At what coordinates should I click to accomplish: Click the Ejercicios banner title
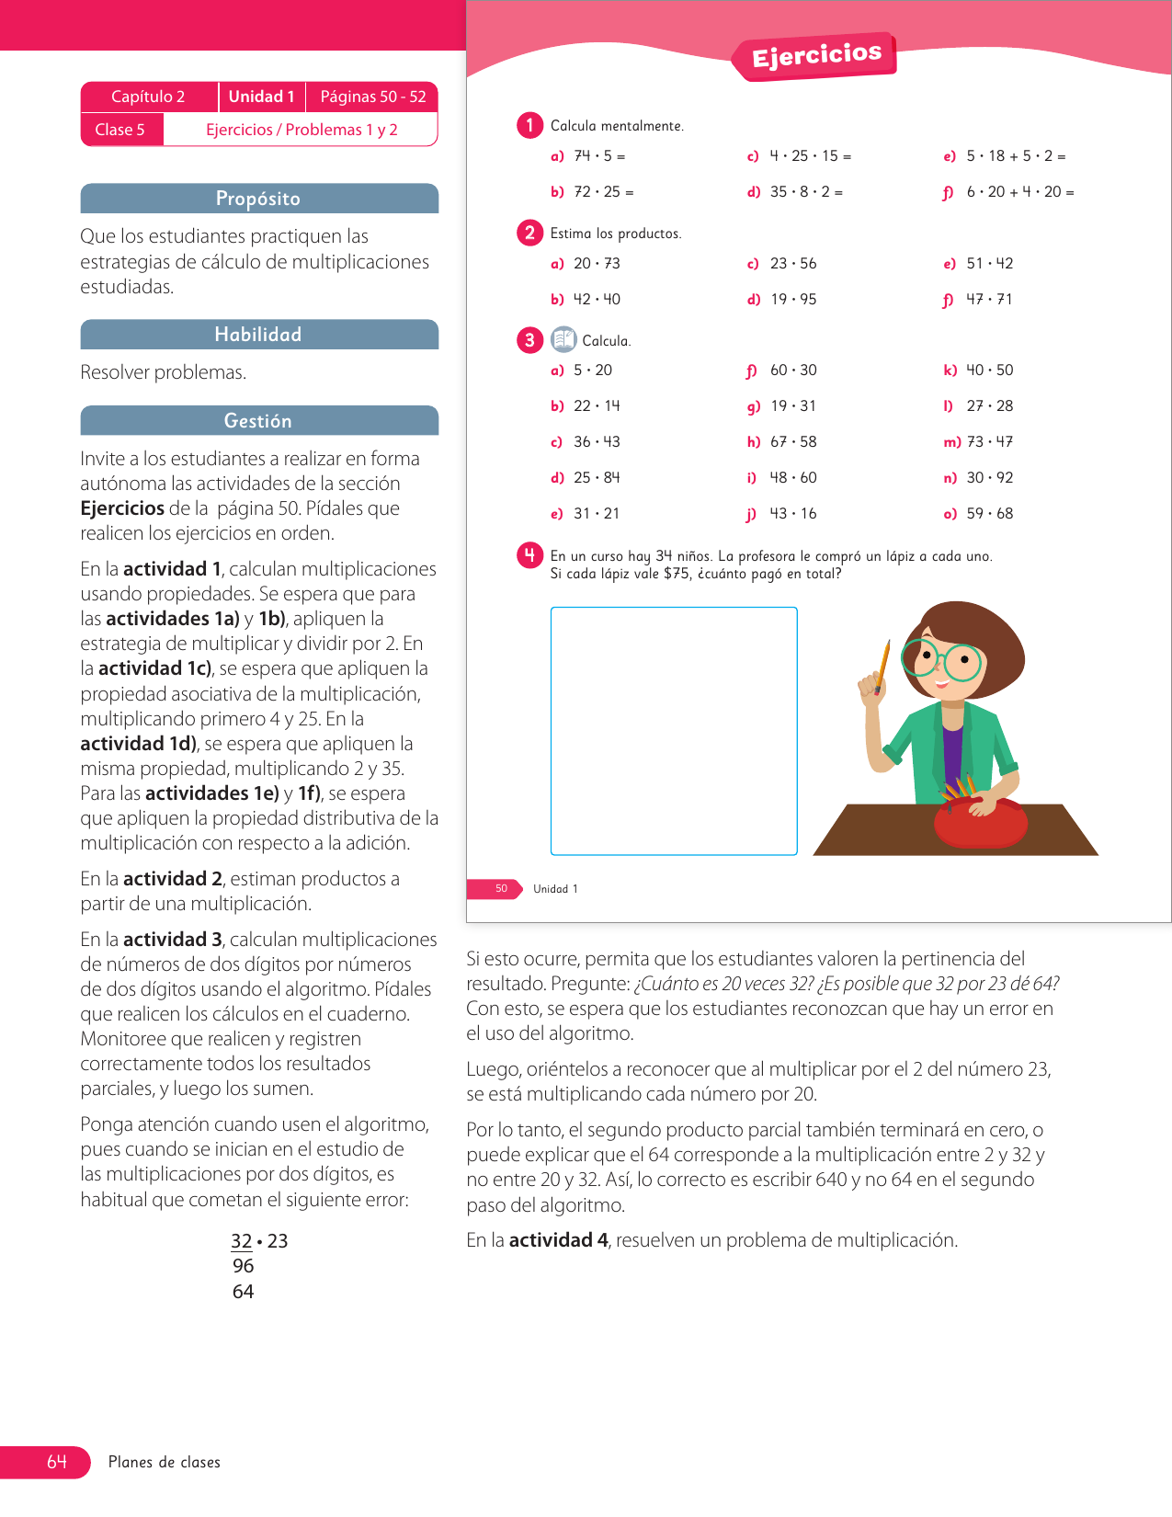(x=816, y=55)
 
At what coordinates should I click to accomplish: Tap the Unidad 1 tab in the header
(x=261, y=97)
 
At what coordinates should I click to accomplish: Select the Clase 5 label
(x=119, y=130)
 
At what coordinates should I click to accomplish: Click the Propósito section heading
(x=258, y=199)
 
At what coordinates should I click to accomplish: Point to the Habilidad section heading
(x=258, y=335)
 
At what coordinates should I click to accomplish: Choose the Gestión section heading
(x=258, y=421)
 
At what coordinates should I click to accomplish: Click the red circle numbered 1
(x=529, y=125)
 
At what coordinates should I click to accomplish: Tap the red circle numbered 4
(x=529, y=555)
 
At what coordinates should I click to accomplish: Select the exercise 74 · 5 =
(x=599, y=156)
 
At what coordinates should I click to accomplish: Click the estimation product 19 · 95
(x=793, y=300)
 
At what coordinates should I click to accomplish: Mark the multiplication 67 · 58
(x=793, y=442)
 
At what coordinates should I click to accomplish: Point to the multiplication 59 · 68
(x=990, y=514)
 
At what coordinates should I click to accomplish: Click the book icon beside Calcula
(x=563, y=340)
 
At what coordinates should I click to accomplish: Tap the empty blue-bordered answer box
(x=674, y=731)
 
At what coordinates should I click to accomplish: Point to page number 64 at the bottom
(x=57, y=1462)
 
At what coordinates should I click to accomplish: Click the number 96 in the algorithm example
(x=244, y=1266)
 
